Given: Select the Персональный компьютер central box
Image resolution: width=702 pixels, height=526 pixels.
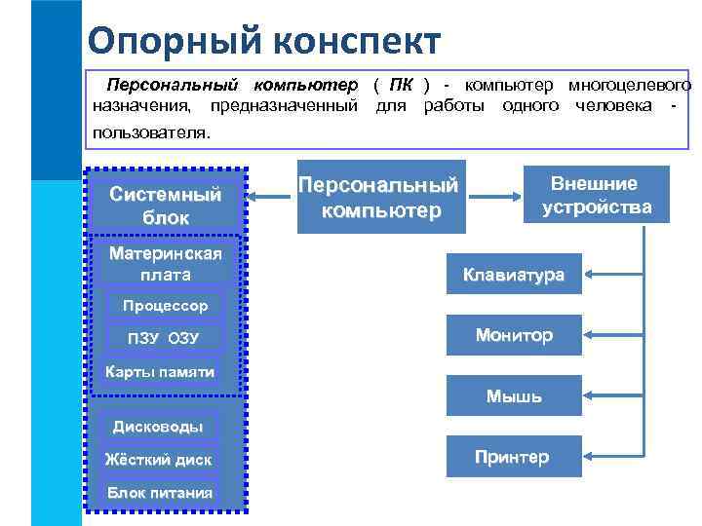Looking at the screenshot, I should click(378, 197).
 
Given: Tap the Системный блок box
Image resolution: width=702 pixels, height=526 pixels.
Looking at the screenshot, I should click(166, 206).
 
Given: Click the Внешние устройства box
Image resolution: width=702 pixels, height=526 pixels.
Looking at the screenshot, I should click(597, 195).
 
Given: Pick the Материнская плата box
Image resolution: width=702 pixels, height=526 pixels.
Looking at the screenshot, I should click(166, 264).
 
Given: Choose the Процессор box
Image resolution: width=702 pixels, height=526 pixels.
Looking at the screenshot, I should click(165, 306).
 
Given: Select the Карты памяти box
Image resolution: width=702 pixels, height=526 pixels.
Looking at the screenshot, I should click(160, 372).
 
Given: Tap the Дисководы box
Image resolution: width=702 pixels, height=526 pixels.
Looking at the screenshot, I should click(158, 427).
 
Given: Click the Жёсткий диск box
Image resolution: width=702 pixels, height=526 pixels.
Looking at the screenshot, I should click(158, 459).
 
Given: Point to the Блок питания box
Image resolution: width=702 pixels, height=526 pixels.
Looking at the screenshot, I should click(159, 492).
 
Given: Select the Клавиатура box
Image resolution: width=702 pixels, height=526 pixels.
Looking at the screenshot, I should click(513, 275).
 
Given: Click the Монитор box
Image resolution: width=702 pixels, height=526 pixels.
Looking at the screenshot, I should click(513, 335).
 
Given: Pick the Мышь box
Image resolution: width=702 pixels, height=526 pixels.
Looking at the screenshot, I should click(513, 396).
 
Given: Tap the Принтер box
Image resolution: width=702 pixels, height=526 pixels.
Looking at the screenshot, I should click(513, 457).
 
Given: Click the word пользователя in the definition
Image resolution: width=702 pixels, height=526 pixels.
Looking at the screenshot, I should click(150, 131).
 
